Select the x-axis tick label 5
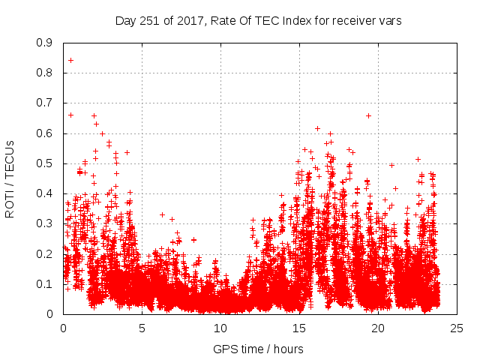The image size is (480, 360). click(142, 327)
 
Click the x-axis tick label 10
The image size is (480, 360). click(220, 327)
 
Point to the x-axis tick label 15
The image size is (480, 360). click(299, 327)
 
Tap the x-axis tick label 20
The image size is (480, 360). click(377, 327)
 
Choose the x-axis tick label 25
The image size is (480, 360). click(456, 327)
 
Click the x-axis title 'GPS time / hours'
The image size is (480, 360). click(258, 349)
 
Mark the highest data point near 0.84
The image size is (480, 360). click(70, 60)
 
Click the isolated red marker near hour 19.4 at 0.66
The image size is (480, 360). click(368, 115)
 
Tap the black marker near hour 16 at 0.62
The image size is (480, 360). click(317, 128)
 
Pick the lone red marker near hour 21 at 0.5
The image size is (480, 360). click(391, 165)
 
